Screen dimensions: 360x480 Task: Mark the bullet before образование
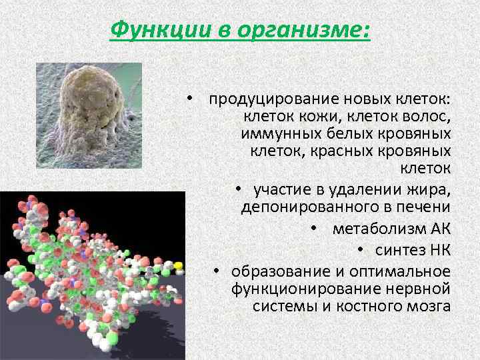(x=217, y=272)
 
